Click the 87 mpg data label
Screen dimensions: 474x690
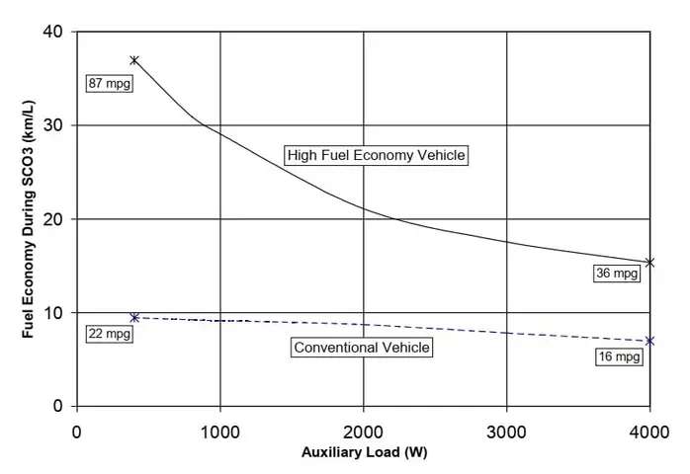tap(109, 83)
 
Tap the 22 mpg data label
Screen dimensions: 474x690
tap(109, 333)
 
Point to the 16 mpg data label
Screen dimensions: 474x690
tap(620, 356)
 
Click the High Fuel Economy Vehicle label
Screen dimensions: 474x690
tap(376, 155)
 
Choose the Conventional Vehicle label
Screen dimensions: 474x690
tap(363, 347)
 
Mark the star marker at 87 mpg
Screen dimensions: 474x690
tap(134, 60)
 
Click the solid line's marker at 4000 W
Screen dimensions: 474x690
tap(649, 262)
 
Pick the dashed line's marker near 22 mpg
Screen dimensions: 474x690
tap(134, 317)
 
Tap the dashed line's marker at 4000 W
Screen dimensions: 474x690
tap(649, 341)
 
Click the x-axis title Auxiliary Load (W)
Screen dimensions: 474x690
tap(363, 455)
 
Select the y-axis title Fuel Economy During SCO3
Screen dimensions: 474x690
tap(30, 219)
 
